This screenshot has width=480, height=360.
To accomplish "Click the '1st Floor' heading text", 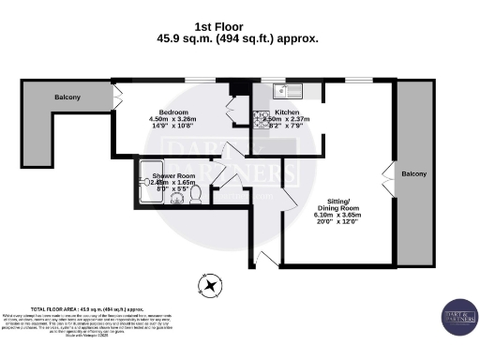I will (239, 27).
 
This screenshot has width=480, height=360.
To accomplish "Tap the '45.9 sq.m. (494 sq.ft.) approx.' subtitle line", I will (239, 39).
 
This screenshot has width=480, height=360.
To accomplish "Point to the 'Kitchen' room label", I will (286, 112).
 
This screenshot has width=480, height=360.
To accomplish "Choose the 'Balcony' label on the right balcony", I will (413, 174).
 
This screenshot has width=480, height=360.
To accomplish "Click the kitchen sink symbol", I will (285, 91).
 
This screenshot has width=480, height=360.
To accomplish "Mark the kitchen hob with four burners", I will (260, 120).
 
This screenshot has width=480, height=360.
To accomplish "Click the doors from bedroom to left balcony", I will (117, 95).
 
